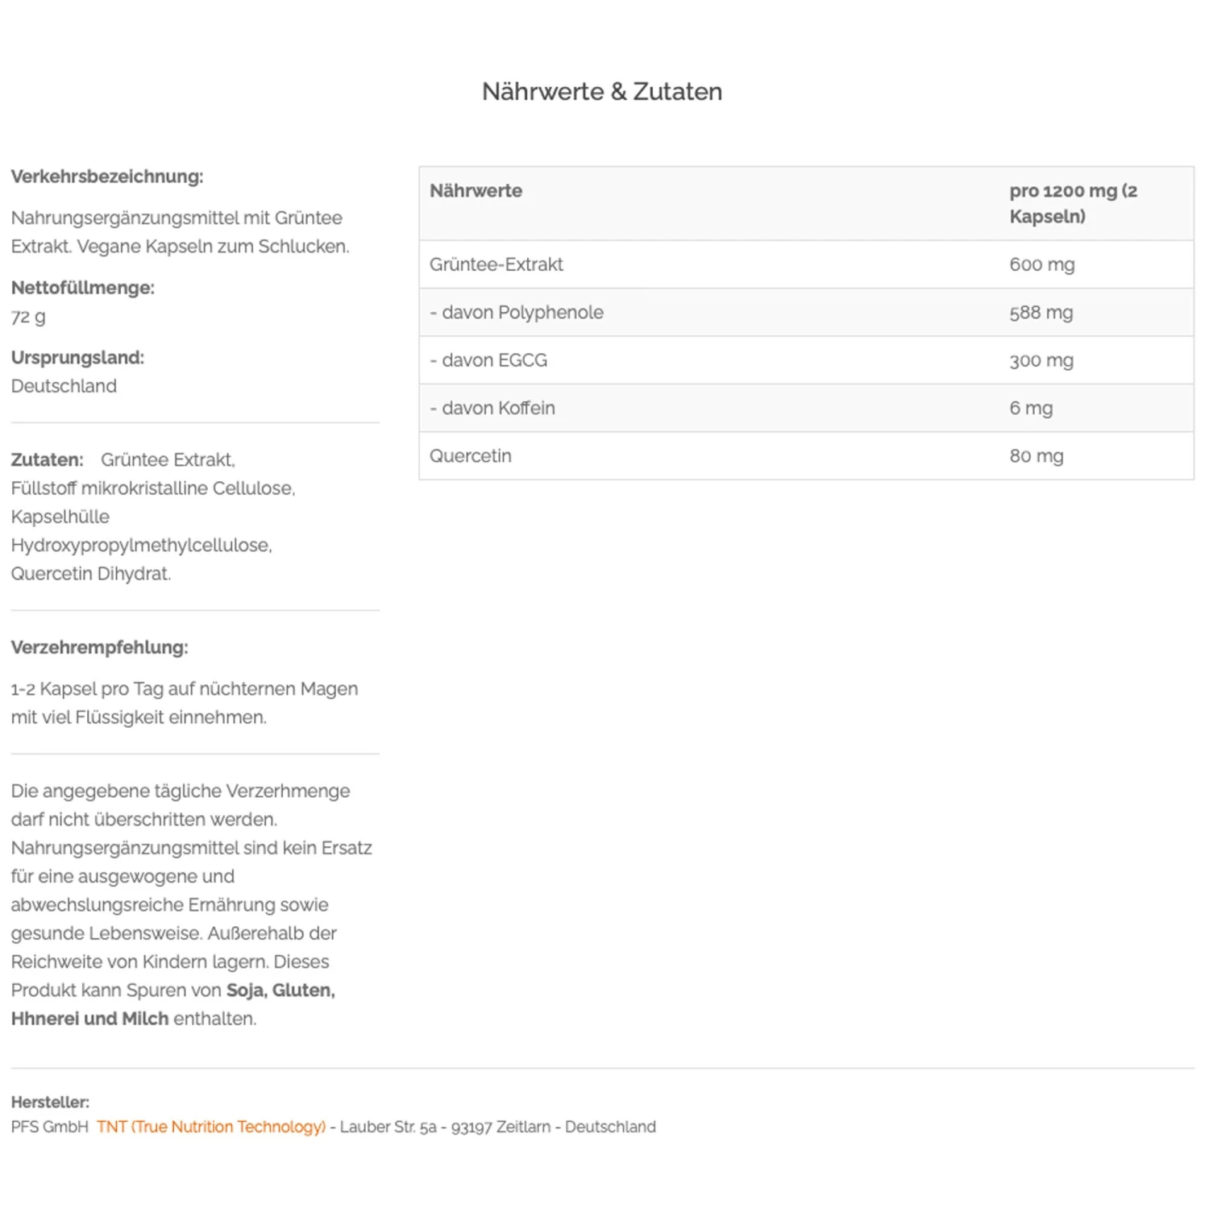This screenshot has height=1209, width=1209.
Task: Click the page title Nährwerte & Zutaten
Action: coord(601,92)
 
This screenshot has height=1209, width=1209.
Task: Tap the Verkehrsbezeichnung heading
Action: coord(107,177)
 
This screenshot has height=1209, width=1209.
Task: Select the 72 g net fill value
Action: coord(28,317)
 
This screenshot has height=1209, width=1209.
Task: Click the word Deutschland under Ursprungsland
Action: coord(64,386)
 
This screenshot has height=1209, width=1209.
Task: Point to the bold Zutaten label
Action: coord(47,460)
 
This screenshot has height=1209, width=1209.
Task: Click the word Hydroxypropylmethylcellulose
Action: coord(141,546)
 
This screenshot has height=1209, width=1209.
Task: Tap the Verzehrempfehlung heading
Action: coord(99,647)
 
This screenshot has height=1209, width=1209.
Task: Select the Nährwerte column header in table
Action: coord(476,191)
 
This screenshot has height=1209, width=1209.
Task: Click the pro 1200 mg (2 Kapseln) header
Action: coord(1072,203)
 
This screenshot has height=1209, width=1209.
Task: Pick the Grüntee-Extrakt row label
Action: coord(496,264)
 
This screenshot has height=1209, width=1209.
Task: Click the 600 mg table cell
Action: coord(1041,264)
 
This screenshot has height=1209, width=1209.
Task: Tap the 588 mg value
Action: coord(1041,313)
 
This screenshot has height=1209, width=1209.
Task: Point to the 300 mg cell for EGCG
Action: coord(1041,360)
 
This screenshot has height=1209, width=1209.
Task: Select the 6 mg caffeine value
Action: coord(1031,409)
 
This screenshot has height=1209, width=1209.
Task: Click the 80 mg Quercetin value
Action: coord(1036,456)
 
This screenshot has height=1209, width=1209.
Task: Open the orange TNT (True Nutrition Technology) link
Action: coord(211,1127)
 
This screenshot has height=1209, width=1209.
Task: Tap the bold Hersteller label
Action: coord(50,1102)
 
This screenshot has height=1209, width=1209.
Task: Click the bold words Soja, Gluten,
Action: coord(280,991)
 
